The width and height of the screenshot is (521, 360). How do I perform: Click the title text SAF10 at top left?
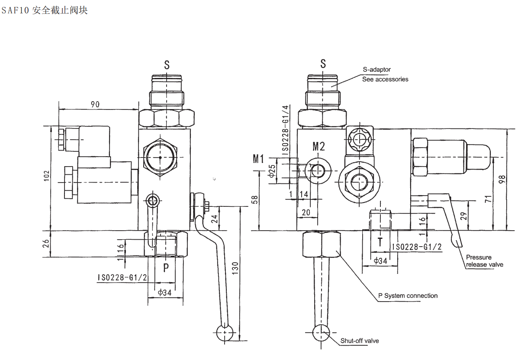coord(15,10)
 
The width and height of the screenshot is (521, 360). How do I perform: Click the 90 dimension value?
coord(95,104)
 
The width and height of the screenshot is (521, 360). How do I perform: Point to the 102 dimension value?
coord(47,176)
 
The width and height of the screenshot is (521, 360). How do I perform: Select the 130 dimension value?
coord(235,268)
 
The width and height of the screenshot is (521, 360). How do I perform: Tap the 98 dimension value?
coord(502,179)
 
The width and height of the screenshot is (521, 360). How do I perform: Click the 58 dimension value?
coord(255,200)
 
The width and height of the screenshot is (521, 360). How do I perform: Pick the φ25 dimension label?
coord(272,171)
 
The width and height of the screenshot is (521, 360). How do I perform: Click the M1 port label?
coord(258,159)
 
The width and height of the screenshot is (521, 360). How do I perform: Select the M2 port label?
coord(318,146)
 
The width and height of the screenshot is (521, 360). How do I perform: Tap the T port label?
coord(380,242)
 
